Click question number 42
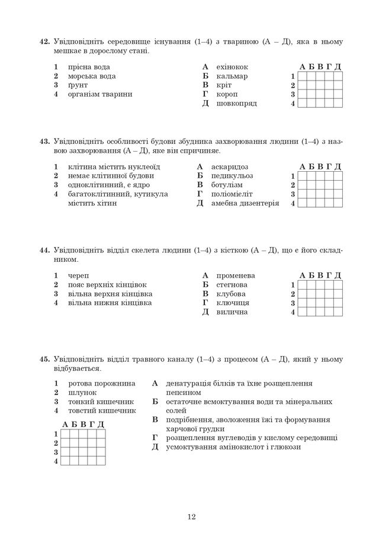tap(43, 42)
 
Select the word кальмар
tap(232, 76)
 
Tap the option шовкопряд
tap(237, 103)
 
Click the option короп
tap(228, 94)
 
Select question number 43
tap(43, 142)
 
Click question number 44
tap(43, 251)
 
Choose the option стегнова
tap(232, 285)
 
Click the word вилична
tap(232, 312)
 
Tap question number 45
tap(43, 359)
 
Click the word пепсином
tap(184, 392)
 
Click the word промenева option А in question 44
tap(235, 276)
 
